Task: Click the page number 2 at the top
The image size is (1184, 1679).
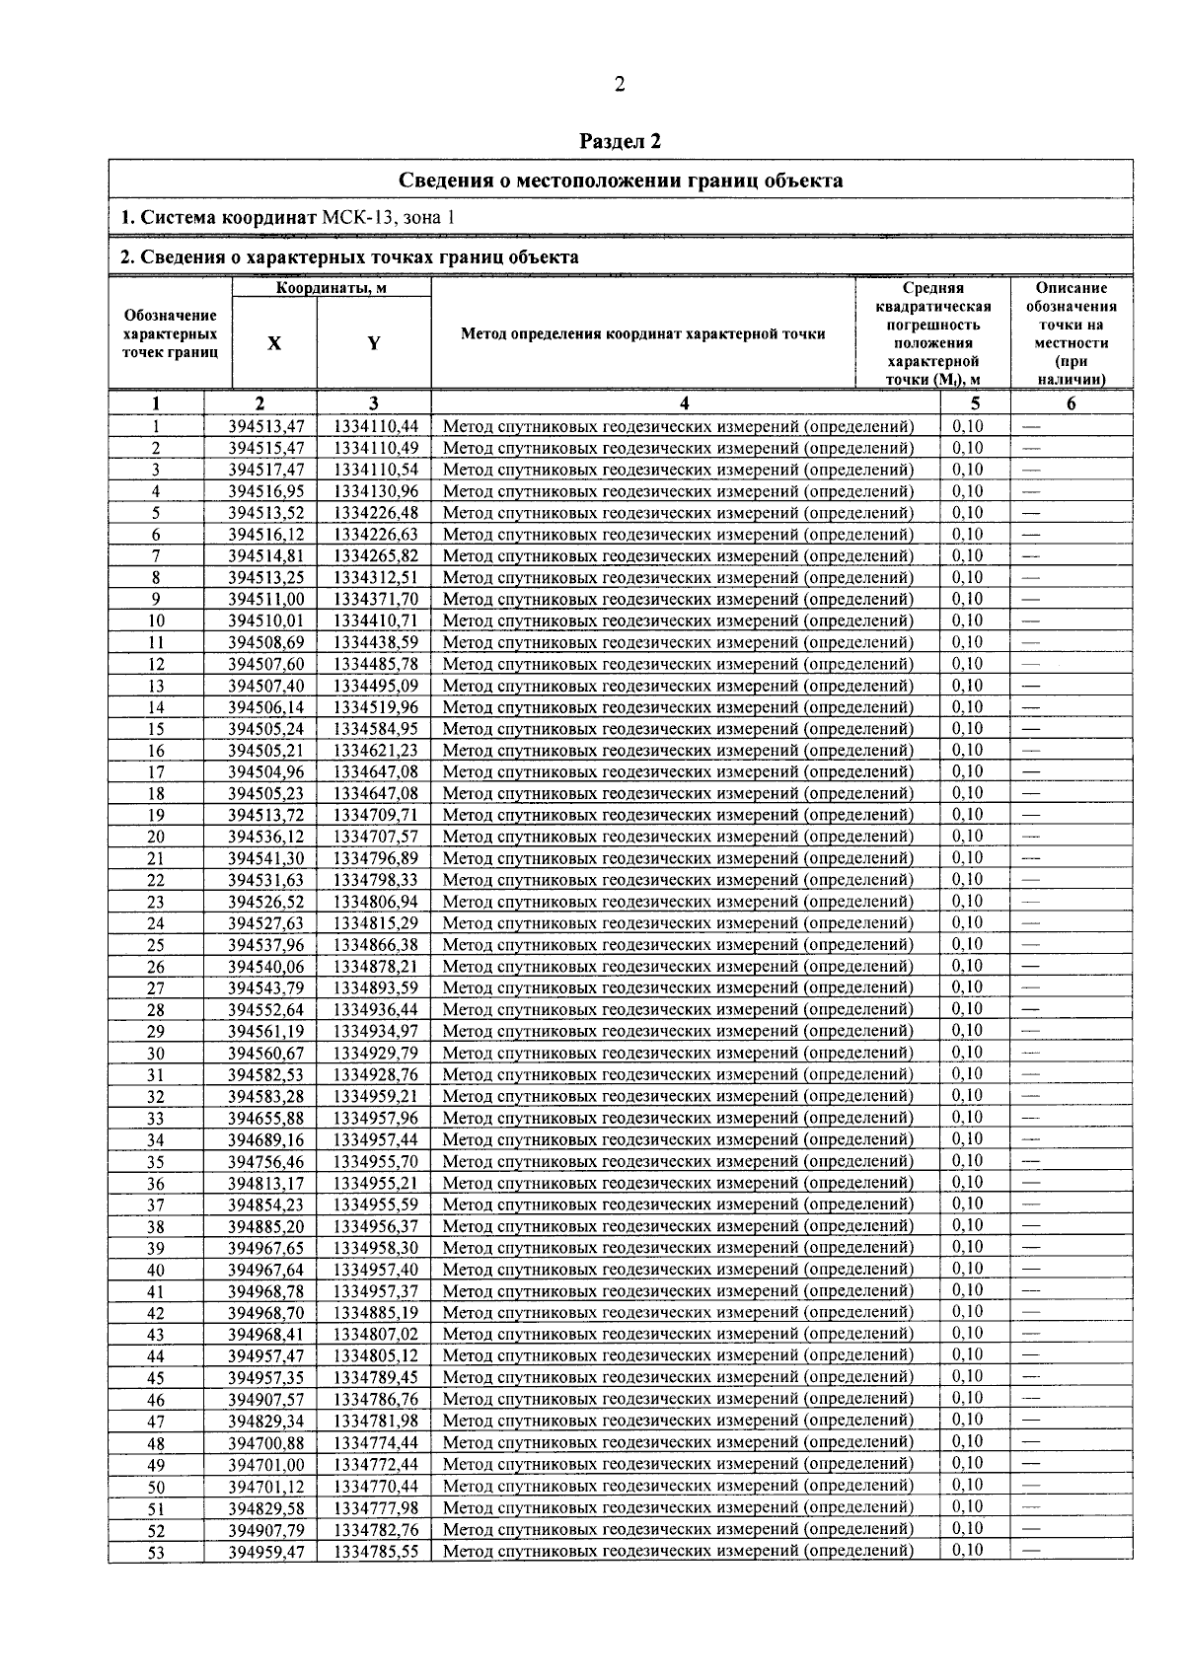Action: click(620, 85)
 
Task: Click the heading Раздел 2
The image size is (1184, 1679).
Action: click(620, 141)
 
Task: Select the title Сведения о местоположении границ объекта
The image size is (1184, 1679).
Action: click(620, 180)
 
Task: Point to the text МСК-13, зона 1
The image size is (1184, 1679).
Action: click(389, 218)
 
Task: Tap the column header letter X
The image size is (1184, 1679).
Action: click(274, 343)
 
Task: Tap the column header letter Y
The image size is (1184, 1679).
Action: click(374, 343)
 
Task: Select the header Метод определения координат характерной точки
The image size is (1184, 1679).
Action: click(642, 333)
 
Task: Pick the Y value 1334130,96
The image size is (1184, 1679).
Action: click(375, 491)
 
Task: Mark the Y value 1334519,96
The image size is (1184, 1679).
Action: click(375, 707)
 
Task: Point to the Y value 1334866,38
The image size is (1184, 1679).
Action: click(375, 945)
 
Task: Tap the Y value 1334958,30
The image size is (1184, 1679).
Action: click(375, 1248)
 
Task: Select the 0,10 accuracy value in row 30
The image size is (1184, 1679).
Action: click(968, 1053)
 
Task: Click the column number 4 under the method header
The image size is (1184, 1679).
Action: click(685, 402)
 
